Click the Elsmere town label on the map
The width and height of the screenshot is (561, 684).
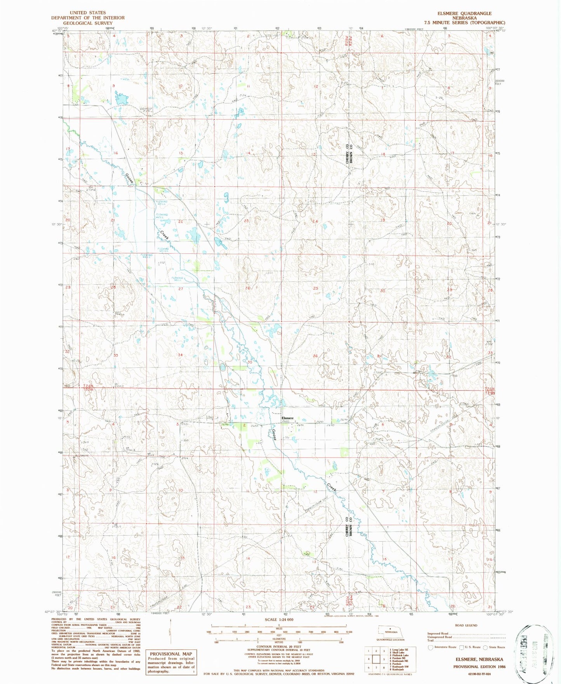(288, 418)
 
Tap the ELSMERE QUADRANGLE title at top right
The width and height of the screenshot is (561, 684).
(464, 13)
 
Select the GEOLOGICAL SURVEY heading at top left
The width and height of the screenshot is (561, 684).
(88, 23)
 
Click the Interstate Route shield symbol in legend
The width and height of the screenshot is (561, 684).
(430, 647)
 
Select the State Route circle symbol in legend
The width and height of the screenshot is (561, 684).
(485, 647)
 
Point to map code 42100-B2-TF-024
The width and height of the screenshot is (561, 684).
(479, 674)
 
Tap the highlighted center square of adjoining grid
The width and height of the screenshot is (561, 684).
(376, 659)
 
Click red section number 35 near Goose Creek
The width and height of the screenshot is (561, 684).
(250, 361)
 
